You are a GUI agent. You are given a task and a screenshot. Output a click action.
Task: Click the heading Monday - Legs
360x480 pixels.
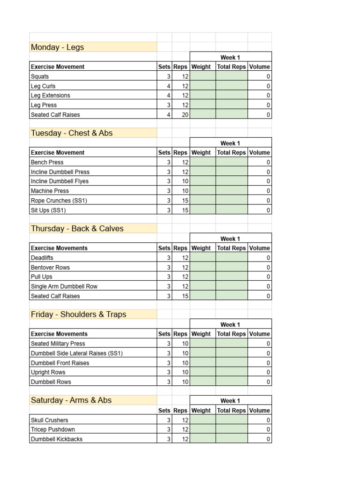click(x=57, y=47)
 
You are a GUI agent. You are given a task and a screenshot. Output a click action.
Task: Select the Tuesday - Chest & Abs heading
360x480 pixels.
click(x=72, y=133)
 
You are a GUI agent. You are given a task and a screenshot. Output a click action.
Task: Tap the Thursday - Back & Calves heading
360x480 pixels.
click(x=77, y=229)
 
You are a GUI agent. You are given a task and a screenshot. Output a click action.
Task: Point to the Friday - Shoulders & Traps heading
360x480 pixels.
click(x=78, y=315)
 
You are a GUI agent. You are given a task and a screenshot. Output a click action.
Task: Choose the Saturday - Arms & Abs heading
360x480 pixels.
click(x=71, y=400)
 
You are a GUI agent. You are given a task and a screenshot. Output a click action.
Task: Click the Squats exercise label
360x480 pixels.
click(x=40, y=76)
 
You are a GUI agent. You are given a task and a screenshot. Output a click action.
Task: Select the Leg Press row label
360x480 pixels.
click(x=44, y=105)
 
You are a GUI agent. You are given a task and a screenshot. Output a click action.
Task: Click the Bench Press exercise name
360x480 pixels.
click(x=47, y=162)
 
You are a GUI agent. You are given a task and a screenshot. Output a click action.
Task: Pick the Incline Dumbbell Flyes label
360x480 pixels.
click(x=60, y=181)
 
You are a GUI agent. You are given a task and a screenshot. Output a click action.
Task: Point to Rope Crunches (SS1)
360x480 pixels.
click(x=59, y=201)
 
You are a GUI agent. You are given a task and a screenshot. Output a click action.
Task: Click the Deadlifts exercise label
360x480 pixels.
click(x=42, y=258)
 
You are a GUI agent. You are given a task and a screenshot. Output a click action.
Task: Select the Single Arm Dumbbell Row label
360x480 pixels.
click(x=64, y=286)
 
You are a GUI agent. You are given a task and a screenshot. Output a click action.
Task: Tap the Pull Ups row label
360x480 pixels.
click(x=42, y=277)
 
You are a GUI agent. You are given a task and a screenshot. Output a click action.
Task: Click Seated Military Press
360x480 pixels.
click(x=58, y=344)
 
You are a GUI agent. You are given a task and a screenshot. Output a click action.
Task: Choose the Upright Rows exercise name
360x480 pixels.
click(x=48, y=372)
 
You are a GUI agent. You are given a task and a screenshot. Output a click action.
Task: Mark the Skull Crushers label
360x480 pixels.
click(x=49, y=420)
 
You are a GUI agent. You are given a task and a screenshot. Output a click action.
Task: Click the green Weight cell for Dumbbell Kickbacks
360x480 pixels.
click(x=202, y=439)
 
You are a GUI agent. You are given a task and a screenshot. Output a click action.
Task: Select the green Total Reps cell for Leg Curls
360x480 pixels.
click(x=232, y=86)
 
